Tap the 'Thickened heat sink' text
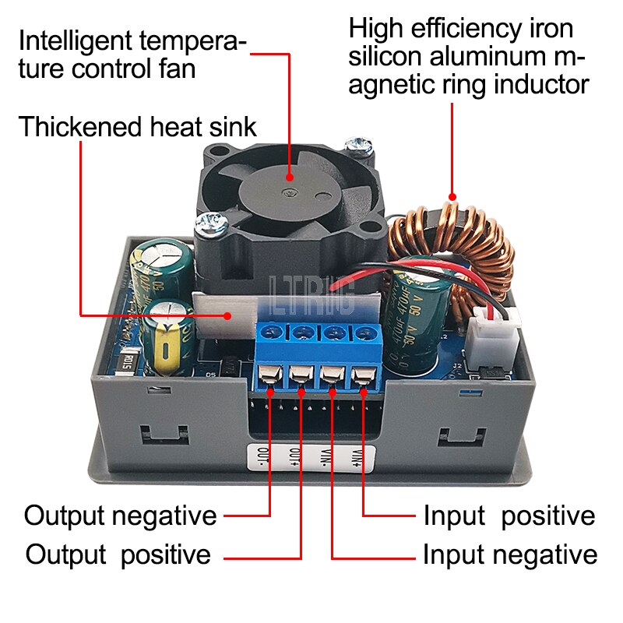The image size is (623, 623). coord(137,126)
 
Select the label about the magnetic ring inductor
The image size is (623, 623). coord(468,55)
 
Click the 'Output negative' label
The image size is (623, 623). coord(120,515)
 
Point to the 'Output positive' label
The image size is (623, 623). coord(118,555)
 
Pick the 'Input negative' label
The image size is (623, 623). coord(510,555)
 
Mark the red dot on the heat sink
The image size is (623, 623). coord(227,315)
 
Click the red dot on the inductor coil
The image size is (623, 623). coord(452,197)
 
